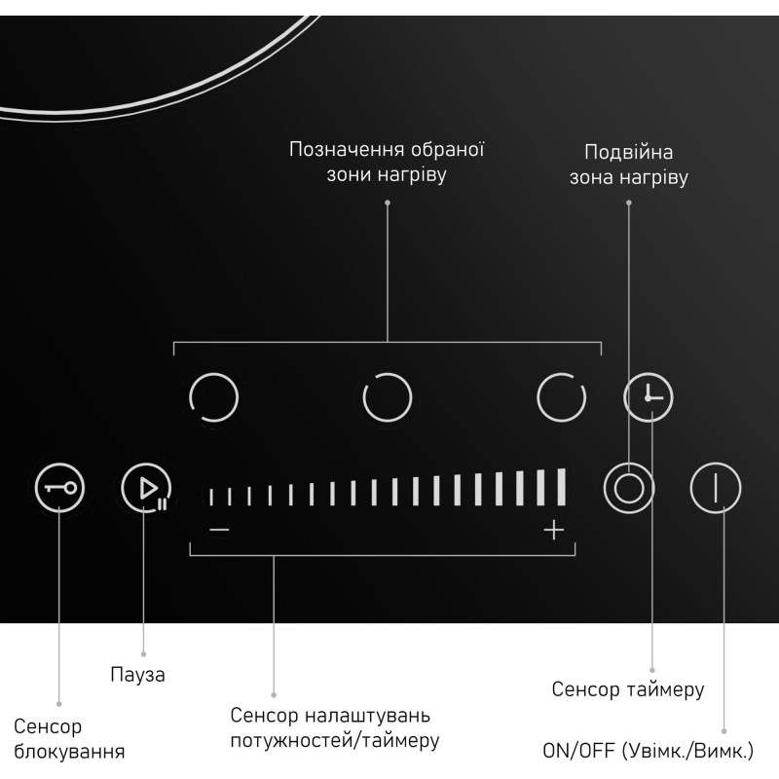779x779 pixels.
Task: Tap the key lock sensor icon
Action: [x=59, y=488]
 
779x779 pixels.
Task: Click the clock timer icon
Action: [x=649, y=397]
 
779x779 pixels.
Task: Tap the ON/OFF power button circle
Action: [x=716, y=488]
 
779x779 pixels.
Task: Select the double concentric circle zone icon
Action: [x=629, y=488]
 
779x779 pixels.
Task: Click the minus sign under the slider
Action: [x=219, y=530]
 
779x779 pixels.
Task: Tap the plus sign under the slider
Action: [x=553, y=530]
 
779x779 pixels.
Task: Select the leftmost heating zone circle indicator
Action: [x=213, y=397]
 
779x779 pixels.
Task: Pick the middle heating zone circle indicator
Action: [x=388, y=397]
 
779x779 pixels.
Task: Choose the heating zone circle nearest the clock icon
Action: [x=562, y=397]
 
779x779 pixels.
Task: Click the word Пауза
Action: [x=137, y=674]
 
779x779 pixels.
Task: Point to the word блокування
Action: [x=69, y=751]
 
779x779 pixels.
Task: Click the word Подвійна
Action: [x=628, y=152]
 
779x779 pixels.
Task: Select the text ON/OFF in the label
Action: [x=578, y=750]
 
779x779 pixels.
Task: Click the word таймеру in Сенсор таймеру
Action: [x=665, y=689]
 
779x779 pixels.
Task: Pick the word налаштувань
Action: [x=367, y=716]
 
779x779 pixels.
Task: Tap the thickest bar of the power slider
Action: [x=562, y=487]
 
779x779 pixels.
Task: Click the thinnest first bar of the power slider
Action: [x=211, y=497]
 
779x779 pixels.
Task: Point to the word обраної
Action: [x=448, y=149]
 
